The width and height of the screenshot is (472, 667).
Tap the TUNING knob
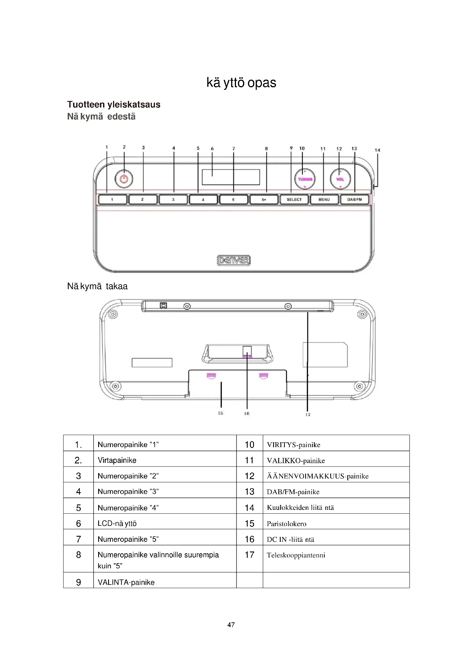tap(305, 179)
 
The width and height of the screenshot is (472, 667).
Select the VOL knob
tap(340, 179)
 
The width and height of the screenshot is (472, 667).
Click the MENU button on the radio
tap(324, 200)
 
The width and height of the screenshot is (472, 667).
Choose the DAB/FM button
tap(355, 200)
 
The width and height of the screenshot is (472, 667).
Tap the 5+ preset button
tap(264, 200)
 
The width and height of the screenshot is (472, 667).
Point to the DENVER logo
tap(234, 260)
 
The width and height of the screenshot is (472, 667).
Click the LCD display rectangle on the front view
tap(231, 177)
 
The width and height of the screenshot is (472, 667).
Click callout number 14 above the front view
tap(377, 150)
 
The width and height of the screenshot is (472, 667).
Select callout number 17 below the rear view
tap(308, 415)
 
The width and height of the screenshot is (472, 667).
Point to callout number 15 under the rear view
tap(221, 413)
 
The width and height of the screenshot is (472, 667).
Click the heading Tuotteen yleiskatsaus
tap(114, 104)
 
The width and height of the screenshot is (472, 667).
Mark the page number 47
tap(231, 625)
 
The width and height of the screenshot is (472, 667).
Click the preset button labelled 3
tap(173, 200)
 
